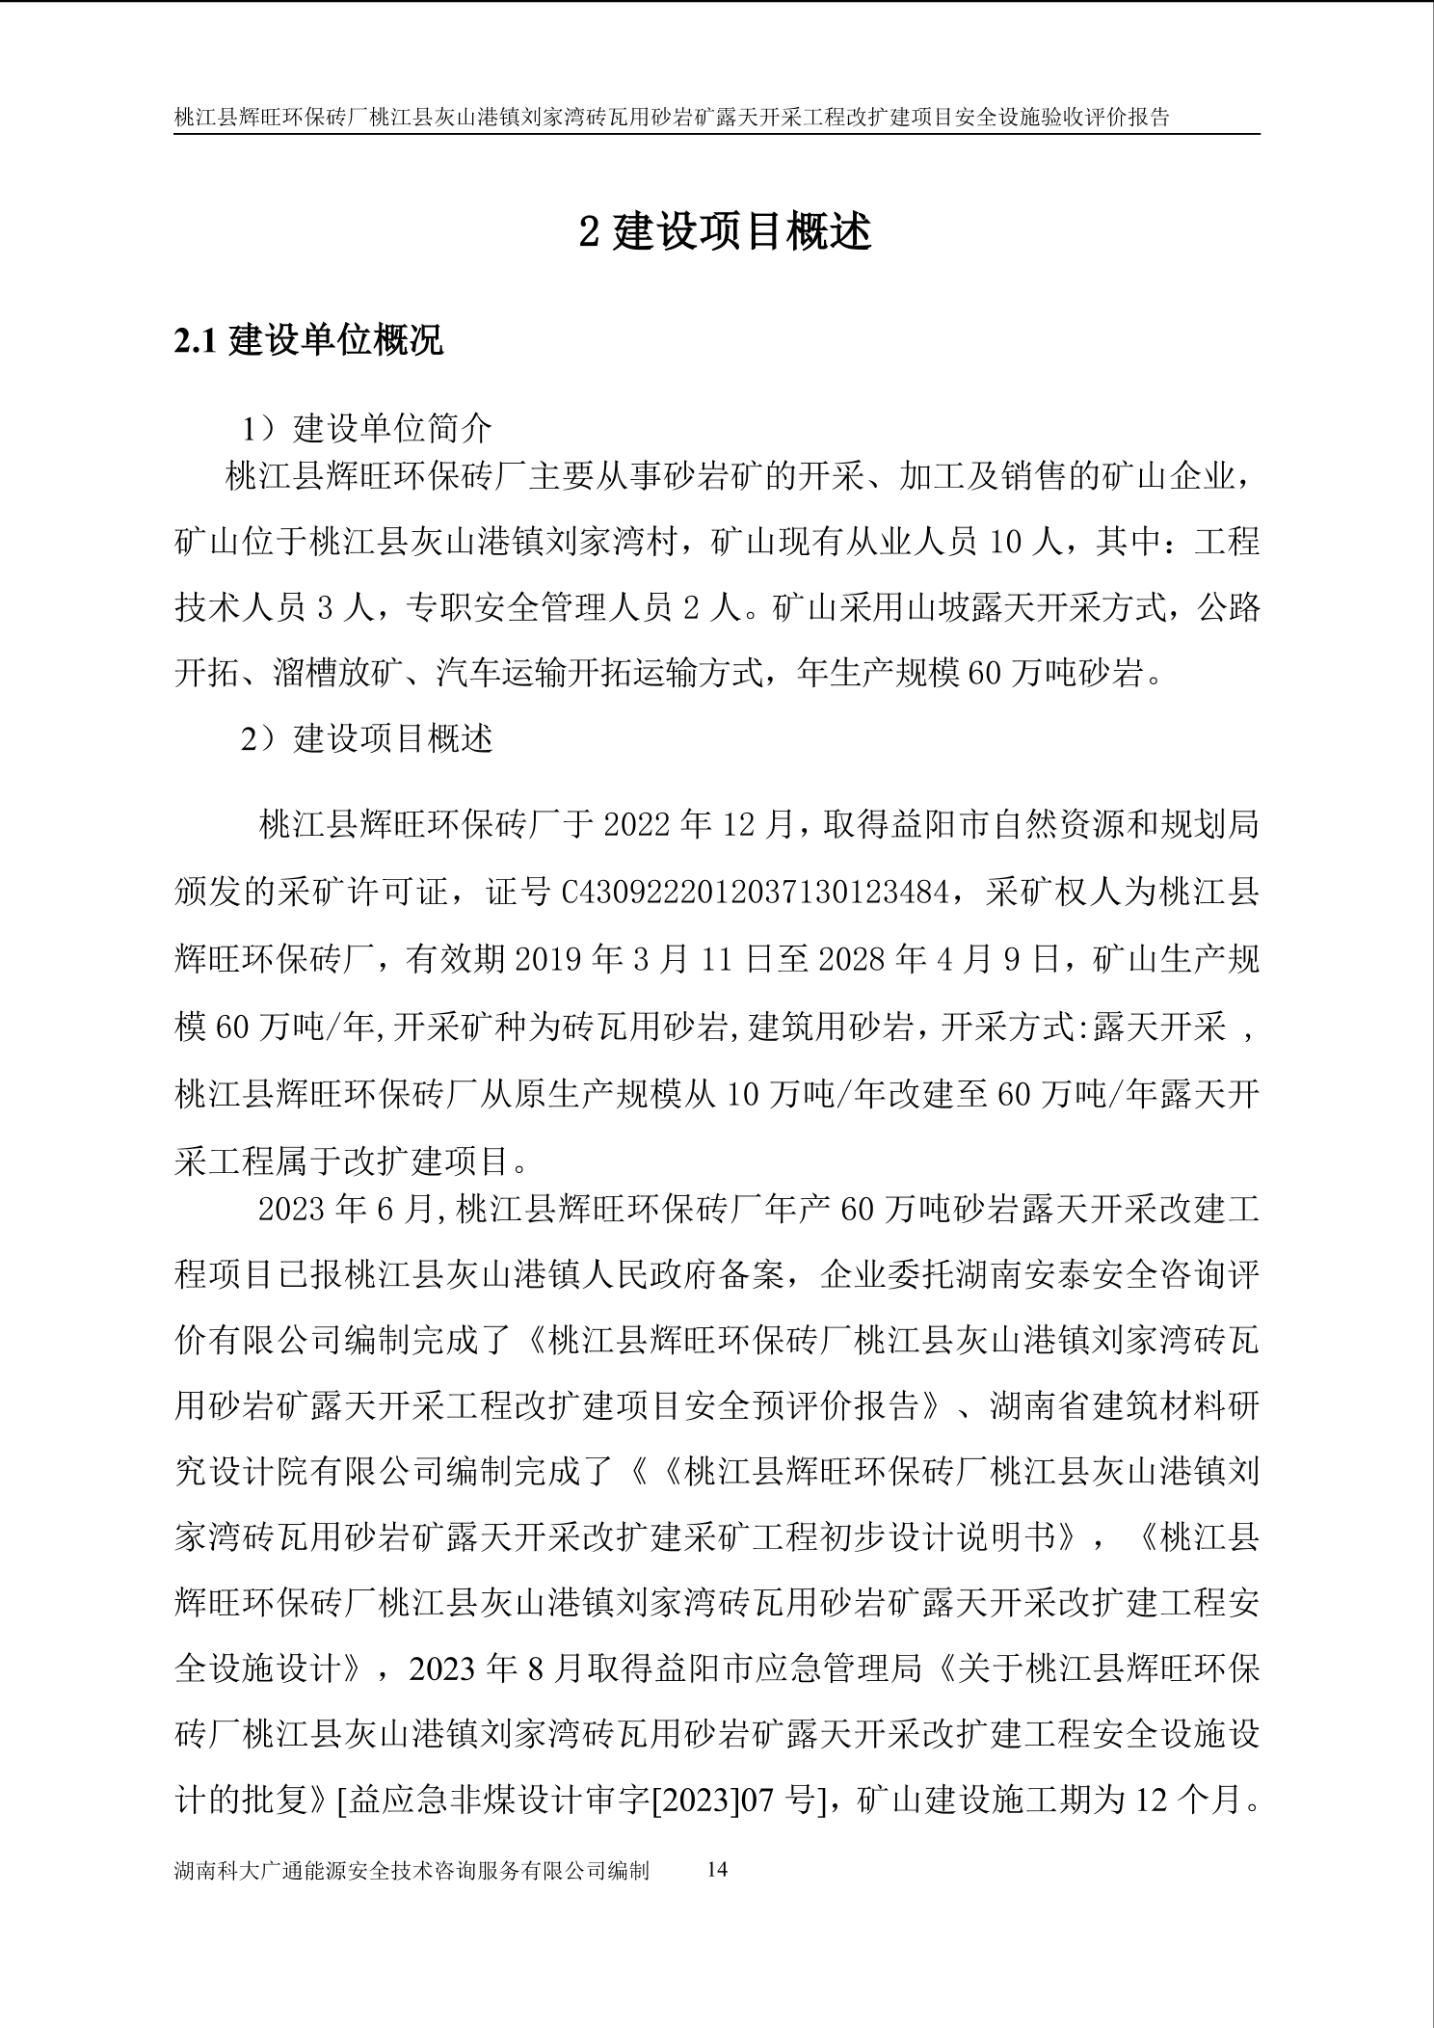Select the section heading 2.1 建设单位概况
click(x=308, y=340)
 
